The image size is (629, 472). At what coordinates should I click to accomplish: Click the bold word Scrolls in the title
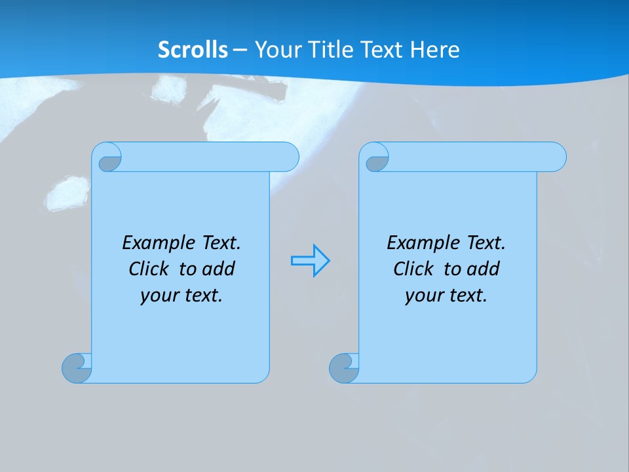pyautogui.click(x=193, y=50)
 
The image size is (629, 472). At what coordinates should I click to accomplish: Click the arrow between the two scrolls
pyautogui.click(x=310, y=261)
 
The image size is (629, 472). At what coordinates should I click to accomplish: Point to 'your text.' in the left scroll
pyautogui.click(x=181, y=295)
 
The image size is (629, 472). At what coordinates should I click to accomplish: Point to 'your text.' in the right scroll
pyautogui.click(x=446, y=295)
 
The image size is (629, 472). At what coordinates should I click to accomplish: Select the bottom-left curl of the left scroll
pyautogui.click(x=77, y=368)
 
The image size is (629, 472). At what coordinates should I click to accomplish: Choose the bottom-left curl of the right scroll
pyautogui.click(x=344, y=368)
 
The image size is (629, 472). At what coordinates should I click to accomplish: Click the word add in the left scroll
pyautogui.click(x=218, y=269)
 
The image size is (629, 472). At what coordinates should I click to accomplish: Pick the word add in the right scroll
pyautogui.click(x=483, y=269)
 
